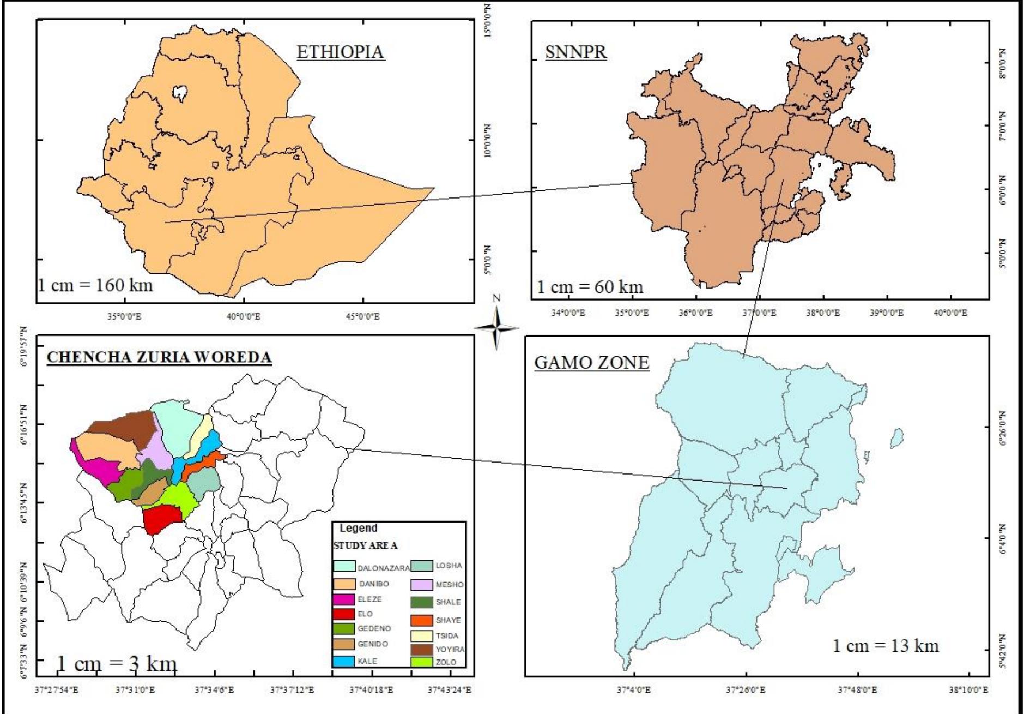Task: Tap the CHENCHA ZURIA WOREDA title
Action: click(x=159, y=357)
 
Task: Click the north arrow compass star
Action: click(x=496, y=328)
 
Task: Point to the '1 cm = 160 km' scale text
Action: click(x=95, y=284)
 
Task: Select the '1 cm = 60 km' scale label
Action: click(x=590, y=286)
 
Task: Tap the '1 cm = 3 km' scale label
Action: click(x=117, y=664)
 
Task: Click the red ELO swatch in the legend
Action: click(x=344, y=614)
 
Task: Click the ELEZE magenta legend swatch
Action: click(x=344, y=599)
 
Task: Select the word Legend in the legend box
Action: click(x=358, y=528)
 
